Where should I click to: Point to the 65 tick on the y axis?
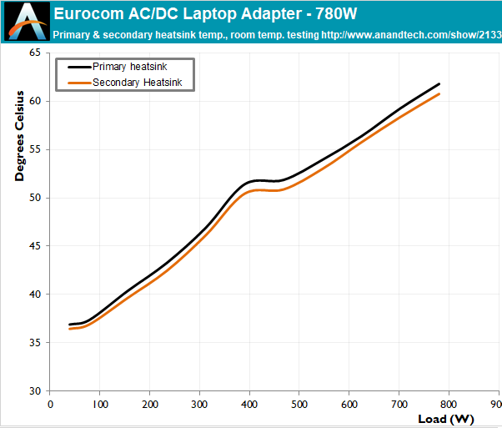point(34,53)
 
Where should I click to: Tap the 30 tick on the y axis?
point(34,390)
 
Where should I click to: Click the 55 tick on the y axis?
point(34,149)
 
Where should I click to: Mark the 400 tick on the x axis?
point(249,403)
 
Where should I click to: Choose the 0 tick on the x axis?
point(50,403)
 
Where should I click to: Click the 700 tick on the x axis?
point(399,403)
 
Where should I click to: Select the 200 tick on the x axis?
point(149,403)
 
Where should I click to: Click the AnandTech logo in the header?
point(23,21)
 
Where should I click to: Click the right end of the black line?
point(439,84)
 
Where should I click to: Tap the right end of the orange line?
point(439,93)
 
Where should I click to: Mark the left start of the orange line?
point(70,329)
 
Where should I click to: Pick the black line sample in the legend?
point(77,67)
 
